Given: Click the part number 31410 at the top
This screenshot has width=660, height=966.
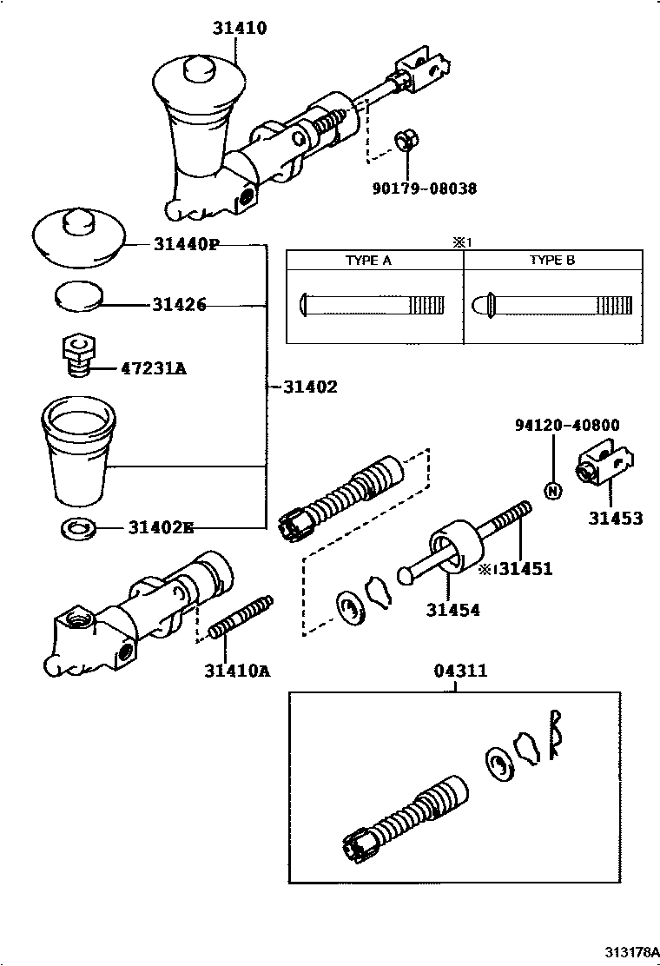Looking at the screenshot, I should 239,28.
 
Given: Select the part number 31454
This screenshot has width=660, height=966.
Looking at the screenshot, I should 452,610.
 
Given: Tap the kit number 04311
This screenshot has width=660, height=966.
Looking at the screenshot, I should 459,671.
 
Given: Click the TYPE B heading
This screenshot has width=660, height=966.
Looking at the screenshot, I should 552,261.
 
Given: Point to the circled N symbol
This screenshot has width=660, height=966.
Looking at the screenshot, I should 553,490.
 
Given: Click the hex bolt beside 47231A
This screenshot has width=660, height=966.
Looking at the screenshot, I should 78,354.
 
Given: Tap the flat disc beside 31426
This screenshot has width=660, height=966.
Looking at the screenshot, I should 78,295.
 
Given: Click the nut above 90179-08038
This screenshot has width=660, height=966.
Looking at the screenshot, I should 405,140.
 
